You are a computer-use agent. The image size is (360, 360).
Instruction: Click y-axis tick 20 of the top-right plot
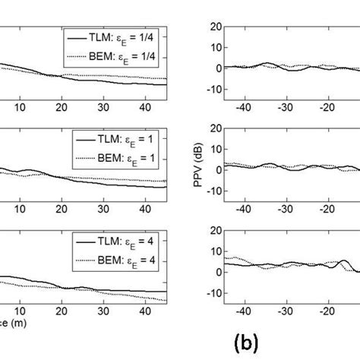(x=215, y=26)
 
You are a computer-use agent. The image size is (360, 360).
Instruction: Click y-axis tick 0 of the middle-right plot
(x=218, y=169)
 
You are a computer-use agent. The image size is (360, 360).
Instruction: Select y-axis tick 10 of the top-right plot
(x=215, y=46)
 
